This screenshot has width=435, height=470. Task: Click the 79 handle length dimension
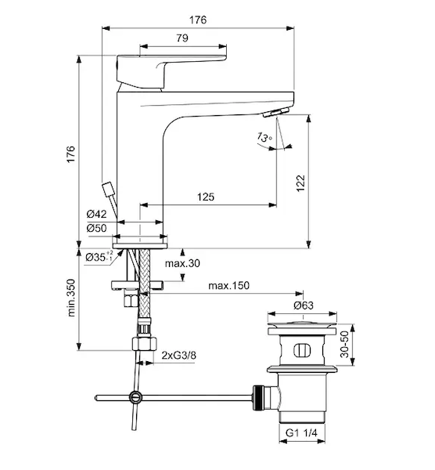(x=182, y=38)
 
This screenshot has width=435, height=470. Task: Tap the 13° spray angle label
(x=264, y=138)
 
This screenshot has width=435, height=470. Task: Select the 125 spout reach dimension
(x=206, y=197)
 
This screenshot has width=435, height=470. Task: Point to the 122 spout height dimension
(x=300, y=183)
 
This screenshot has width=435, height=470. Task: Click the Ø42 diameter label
(x=96, y=214)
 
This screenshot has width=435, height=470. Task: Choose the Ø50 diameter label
(x=96, y=228)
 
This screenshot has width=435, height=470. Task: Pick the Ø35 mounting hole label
(x=99, y=257)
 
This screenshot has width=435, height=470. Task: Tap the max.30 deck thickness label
(x=182, y=263)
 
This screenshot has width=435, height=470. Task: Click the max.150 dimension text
(x=228, y=285)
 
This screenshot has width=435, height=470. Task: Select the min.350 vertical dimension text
(x=71, y=298)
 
